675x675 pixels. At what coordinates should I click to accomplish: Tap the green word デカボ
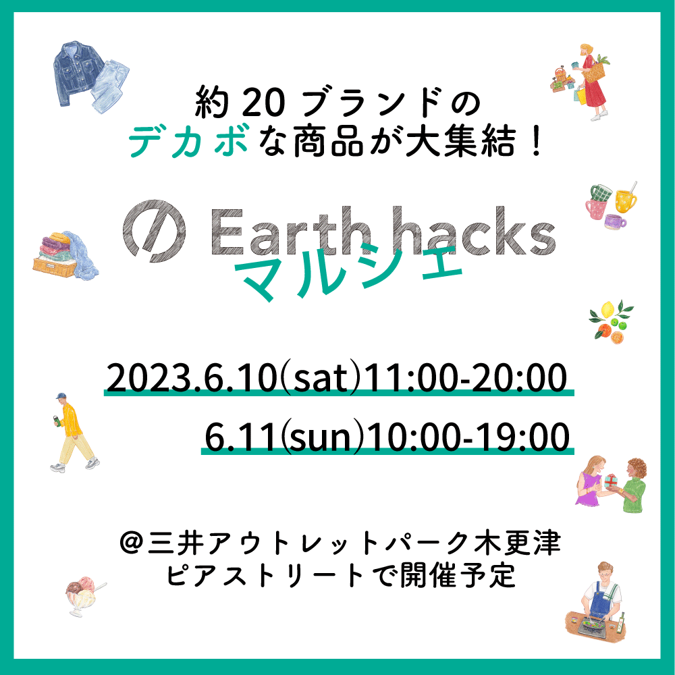coord(188,141)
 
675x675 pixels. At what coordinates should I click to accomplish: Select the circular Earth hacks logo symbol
coord(154,231)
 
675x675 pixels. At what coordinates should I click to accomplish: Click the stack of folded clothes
coord(65,255)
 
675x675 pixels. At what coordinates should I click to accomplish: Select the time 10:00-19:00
coord(467,437)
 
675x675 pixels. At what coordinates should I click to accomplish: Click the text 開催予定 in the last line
coord(458,575)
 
